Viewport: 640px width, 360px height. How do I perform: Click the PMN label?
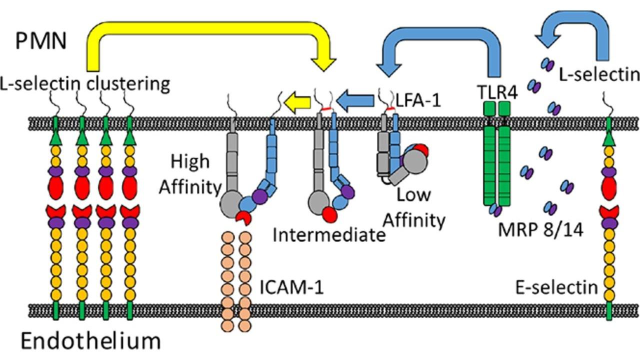[x=40, y=40]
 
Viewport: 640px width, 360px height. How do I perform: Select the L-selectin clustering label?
[x=85, y=83]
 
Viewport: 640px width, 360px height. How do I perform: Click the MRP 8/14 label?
[x=540, y=230]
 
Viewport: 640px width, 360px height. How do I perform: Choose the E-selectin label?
[x=556, y=287]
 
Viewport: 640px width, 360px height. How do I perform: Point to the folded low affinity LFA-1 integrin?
[x=400, y=157]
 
